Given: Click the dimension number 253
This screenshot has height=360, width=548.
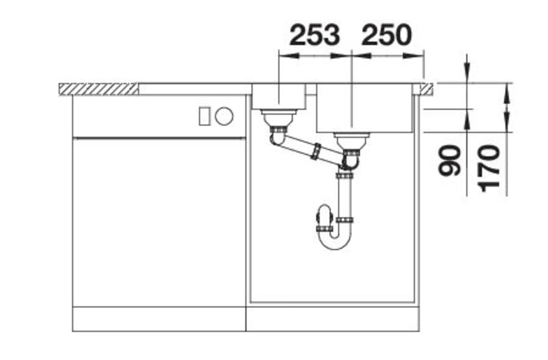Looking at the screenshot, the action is tap(314, 35).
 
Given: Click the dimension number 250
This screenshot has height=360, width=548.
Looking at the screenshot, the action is tap(386, 35).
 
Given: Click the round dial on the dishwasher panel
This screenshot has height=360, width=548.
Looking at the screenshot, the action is tap(224, 116).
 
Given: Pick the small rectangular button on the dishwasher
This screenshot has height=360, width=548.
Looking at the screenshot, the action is tap(204, 116).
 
